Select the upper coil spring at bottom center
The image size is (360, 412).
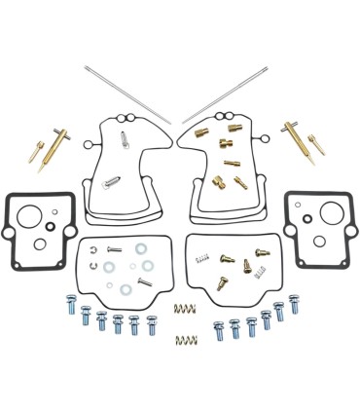coord(182,309)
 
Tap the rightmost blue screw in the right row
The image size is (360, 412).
coord(294,304)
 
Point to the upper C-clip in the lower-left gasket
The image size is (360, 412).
coord(94,250)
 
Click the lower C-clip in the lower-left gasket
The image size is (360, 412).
coord(94,263)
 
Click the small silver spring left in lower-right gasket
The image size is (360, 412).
coord(203,257)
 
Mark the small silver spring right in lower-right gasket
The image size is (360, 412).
coord(261,251)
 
